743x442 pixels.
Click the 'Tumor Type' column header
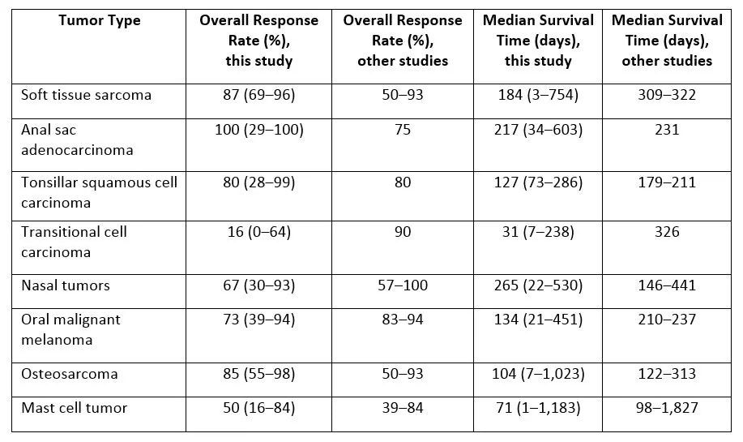click(x=99, y=19)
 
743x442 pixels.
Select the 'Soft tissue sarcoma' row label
click(x=86, y=95)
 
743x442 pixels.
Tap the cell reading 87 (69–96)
click(x=258, y=95)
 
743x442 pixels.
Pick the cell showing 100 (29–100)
click(x=258, y=130)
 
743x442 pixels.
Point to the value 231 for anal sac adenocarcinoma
click(x=667, y=130)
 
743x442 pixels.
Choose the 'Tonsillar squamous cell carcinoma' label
click(x=99, y=192)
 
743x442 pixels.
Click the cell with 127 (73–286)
click(x=537, y=182)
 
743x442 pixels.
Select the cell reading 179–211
click(x=667, y=182)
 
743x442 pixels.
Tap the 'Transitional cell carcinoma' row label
click(x=74, y=242)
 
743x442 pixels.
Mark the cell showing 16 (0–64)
click(x=258, y=232)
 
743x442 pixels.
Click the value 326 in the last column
click(x=667, y=232)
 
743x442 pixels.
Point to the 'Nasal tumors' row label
click(x=66, y=285)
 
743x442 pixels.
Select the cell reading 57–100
click(x=402, y=285)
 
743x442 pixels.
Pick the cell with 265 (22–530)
click(x=537, y=285)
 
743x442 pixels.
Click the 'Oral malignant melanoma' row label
click(x=70, y=329)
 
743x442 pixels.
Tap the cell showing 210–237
click(x=667, y=320)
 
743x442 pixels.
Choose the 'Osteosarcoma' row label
click(x=70, y=374)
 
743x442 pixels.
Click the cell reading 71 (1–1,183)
click(x=537, y=408)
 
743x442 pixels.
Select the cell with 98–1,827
click(x=667, y=408)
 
